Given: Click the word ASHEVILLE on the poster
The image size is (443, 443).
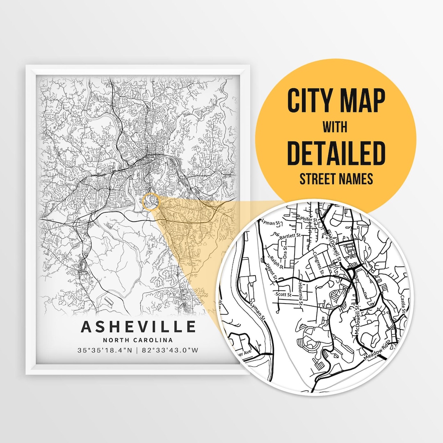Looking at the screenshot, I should [x=138, y=327].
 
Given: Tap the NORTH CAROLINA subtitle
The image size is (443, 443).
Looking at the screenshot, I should [x=138, y=340].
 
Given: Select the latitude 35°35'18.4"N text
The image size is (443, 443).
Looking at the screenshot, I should [x=105, y=351].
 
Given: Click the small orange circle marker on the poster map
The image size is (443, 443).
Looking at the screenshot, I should [x=151, y=201].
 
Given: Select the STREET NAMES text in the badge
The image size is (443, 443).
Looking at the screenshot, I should [x=336, y=179].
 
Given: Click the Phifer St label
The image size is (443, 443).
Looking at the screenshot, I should [x=309, y=220].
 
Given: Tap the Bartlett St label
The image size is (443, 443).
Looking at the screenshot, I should [x=290, y=237].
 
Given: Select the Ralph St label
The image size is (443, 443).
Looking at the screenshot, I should [x=279, y=262].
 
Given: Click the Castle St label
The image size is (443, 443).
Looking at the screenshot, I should [x=403, y=304].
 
